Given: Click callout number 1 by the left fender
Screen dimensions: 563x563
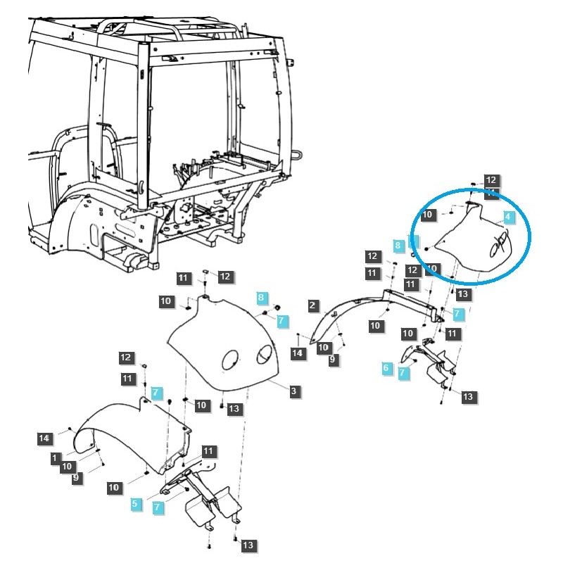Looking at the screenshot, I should pyautogui.click(x=55, y=457).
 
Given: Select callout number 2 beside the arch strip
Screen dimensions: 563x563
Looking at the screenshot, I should pyautogui.click(x=312, y=305).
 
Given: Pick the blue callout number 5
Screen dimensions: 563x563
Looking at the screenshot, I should pyautogui.click(x=134, y=504).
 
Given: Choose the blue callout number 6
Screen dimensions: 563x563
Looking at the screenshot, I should pyautogui.click(x=386, y=368).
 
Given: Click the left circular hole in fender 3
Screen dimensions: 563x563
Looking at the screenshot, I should pyautogui.click(x=230, y=362).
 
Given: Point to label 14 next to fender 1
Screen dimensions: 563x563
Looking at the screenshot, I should pyautogui.click(x=44, y=438).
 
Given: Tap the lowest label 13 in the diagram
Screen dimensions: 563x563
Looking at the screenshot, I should pyautogui.click(x=248, y=545).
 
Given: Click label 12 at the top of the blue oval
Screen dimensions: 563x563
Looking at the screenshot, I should pyautogui.click(x=491, y=181).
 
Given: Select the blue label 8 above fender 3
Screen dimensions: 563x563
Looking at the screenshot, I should pyautogui.click(x=261, y=298).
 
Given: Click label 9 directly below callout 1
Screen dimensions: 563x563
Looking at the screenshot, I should pyautogui.click(x=76, y=478).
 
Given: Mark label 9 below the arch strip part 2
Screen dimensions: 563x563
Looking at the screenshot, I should pyautogui.click(x=333, y=360).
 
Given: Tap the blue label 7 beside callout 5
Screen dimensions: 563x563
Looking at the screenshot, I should pyautogui.click(x=158, y=507).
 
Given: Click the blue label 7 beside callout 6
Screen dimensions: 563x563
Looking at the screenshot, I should pyautogui.click(x=403, y=373).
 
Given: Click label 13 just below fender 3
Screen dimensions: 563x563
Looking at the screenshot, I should pyautogui.click(x=234, y=409).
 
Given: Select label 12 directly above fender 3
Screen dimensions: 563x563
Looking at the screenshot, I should pyautogui.click(x=224, y=277).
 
